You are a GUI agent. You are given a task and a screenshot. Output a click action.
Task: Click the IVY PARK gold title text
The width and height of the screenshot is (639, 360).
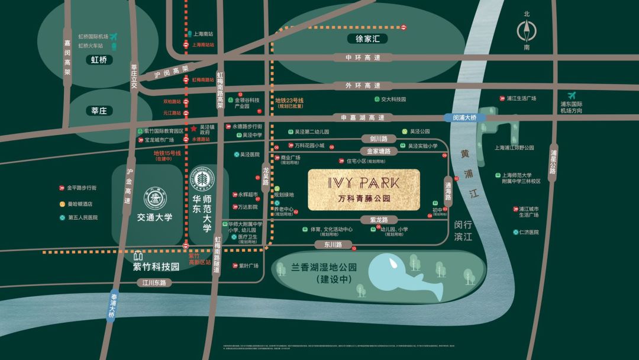click(363, 182)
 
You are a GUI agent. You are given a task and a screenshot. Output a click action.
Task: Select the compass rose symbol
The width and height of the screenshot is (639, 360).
click(527, 31)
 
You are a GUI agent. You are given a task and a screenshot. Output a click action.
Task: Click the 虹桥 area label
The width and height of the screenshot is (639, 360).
click(99, 60)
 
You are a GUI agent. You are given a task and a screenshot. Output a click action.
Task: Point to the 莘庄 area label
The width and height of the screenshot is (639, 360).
click(99, 111)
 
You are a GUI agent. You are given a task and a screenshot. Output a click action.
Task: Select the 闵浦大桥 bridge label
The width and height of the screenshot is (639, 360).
click(464, 118)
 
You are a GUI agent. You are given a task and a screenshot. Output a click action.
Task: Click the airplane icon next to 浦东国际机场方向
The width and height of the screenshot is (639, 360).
click(572, 95)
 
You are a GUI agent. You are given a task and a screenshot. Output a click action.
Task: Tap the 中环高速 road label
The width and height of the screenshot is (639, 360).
click(363, 57)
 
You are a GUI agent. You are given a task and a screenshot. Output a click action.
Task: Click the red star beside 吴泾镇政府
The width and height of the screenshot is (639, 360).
click(193, 128)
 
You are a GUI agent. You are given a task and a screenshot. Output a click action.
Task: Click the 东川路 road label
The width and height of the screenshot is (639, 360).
click(325, 243)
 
